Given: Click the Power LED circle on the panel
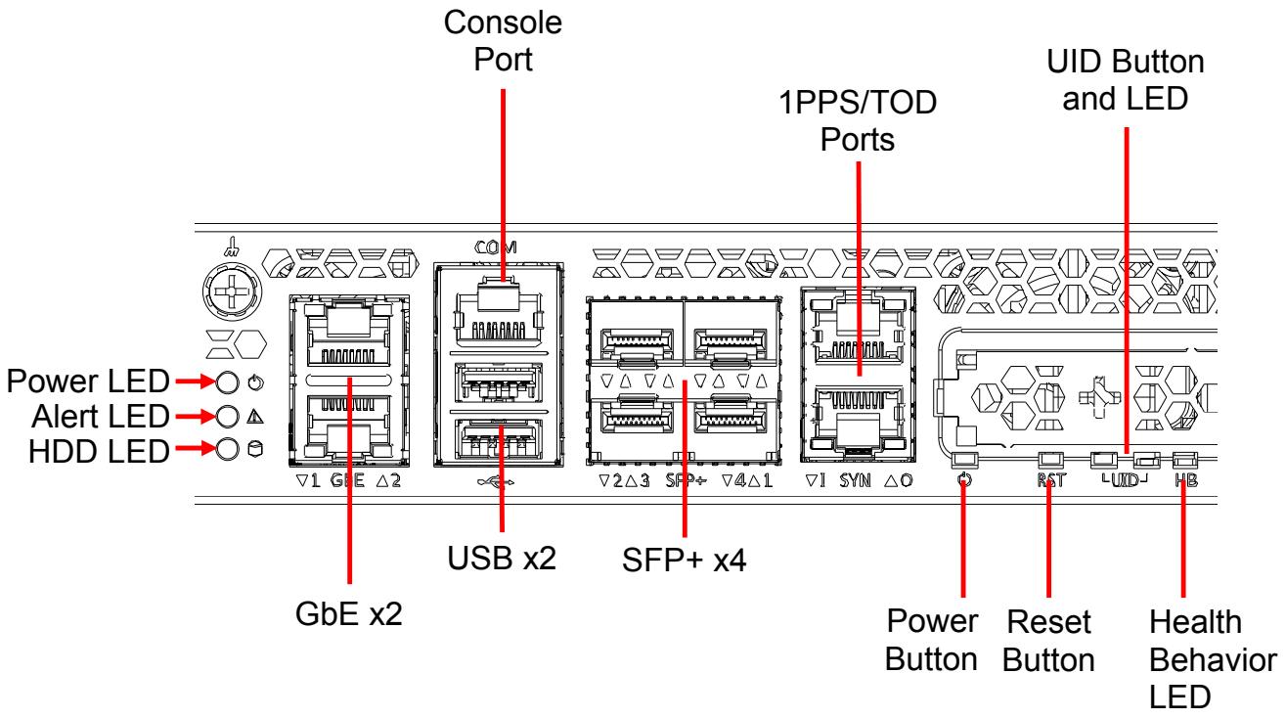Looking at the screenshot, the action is [227, 381].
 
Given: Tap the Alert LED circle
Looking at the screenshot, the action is [227, 417].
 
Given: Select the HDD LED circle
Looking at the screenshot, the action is [227, 449].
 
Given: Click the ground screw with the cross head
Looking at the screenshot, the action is [232, 292].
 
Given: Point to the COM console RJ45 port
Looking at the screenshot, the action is [498, 313].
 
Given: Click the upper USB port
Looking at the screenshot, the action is [498, 381].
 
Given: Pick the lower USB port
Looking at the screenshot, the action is [498, 439].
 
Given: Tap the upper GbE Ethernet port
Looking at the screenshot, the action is [348, 335].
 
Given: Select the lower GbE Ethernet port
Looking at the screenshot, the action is [348, 426].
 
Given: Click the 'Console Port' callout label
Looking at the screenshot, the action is [503, 41].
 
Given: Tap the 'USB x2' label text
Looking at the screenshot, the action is [502, 559].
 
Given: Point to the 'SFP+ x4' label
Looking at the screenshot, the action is [684, 561].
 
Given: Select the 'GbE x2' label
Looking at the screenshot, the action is [348, 613].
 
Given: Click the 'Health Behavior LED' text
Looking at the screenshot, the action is [1212, 659].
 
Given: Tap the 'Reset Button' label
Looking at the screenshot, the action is [1048, 641].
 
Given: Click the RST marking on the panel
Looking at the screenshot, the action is [1050, 480].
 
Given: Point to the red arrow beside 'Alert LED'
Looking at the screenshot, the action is [197, 416].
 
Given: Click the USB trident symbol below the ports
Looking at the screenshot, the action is [496, 482].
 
